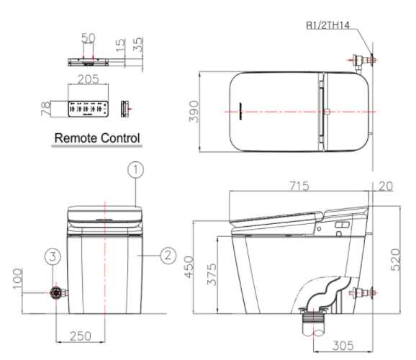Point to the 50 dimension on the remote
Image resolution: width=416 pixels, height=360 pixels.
pyautogui.click(x=89, y=35)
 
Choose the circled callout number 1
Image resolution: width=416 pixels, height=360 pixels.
pyautogui.click(x=137, y=170)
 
